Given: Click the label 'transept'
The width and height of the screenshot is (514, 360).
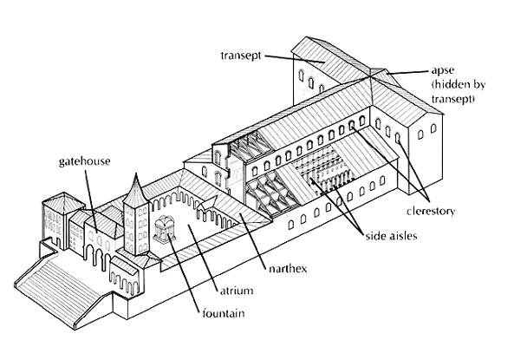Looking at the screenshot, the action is [241, 56].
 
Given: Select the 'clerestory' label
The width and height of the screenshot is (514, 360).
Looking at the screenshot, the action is [431, 212].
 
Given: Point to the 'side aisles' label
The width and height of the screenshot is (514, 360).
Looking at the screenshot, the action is [392, 236].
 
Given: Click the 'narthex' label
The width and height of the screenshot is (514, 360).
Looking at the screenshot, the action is [288, 269].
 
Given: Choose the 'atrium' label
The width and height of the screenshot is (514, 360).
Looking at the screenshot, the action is [237, 291].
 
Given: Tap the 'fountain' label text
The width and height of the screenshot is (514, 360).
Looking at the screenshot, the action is [224, 313].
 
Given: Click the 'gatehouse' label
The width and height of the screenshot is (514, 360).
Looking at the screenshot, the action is [85, 161].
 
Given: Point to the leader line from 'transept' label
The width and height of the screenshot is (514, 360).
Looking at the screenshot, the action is [295, 59].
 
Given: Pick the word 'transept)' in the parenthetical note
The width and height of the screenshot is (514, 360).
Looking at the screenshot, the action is [452, 99].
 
